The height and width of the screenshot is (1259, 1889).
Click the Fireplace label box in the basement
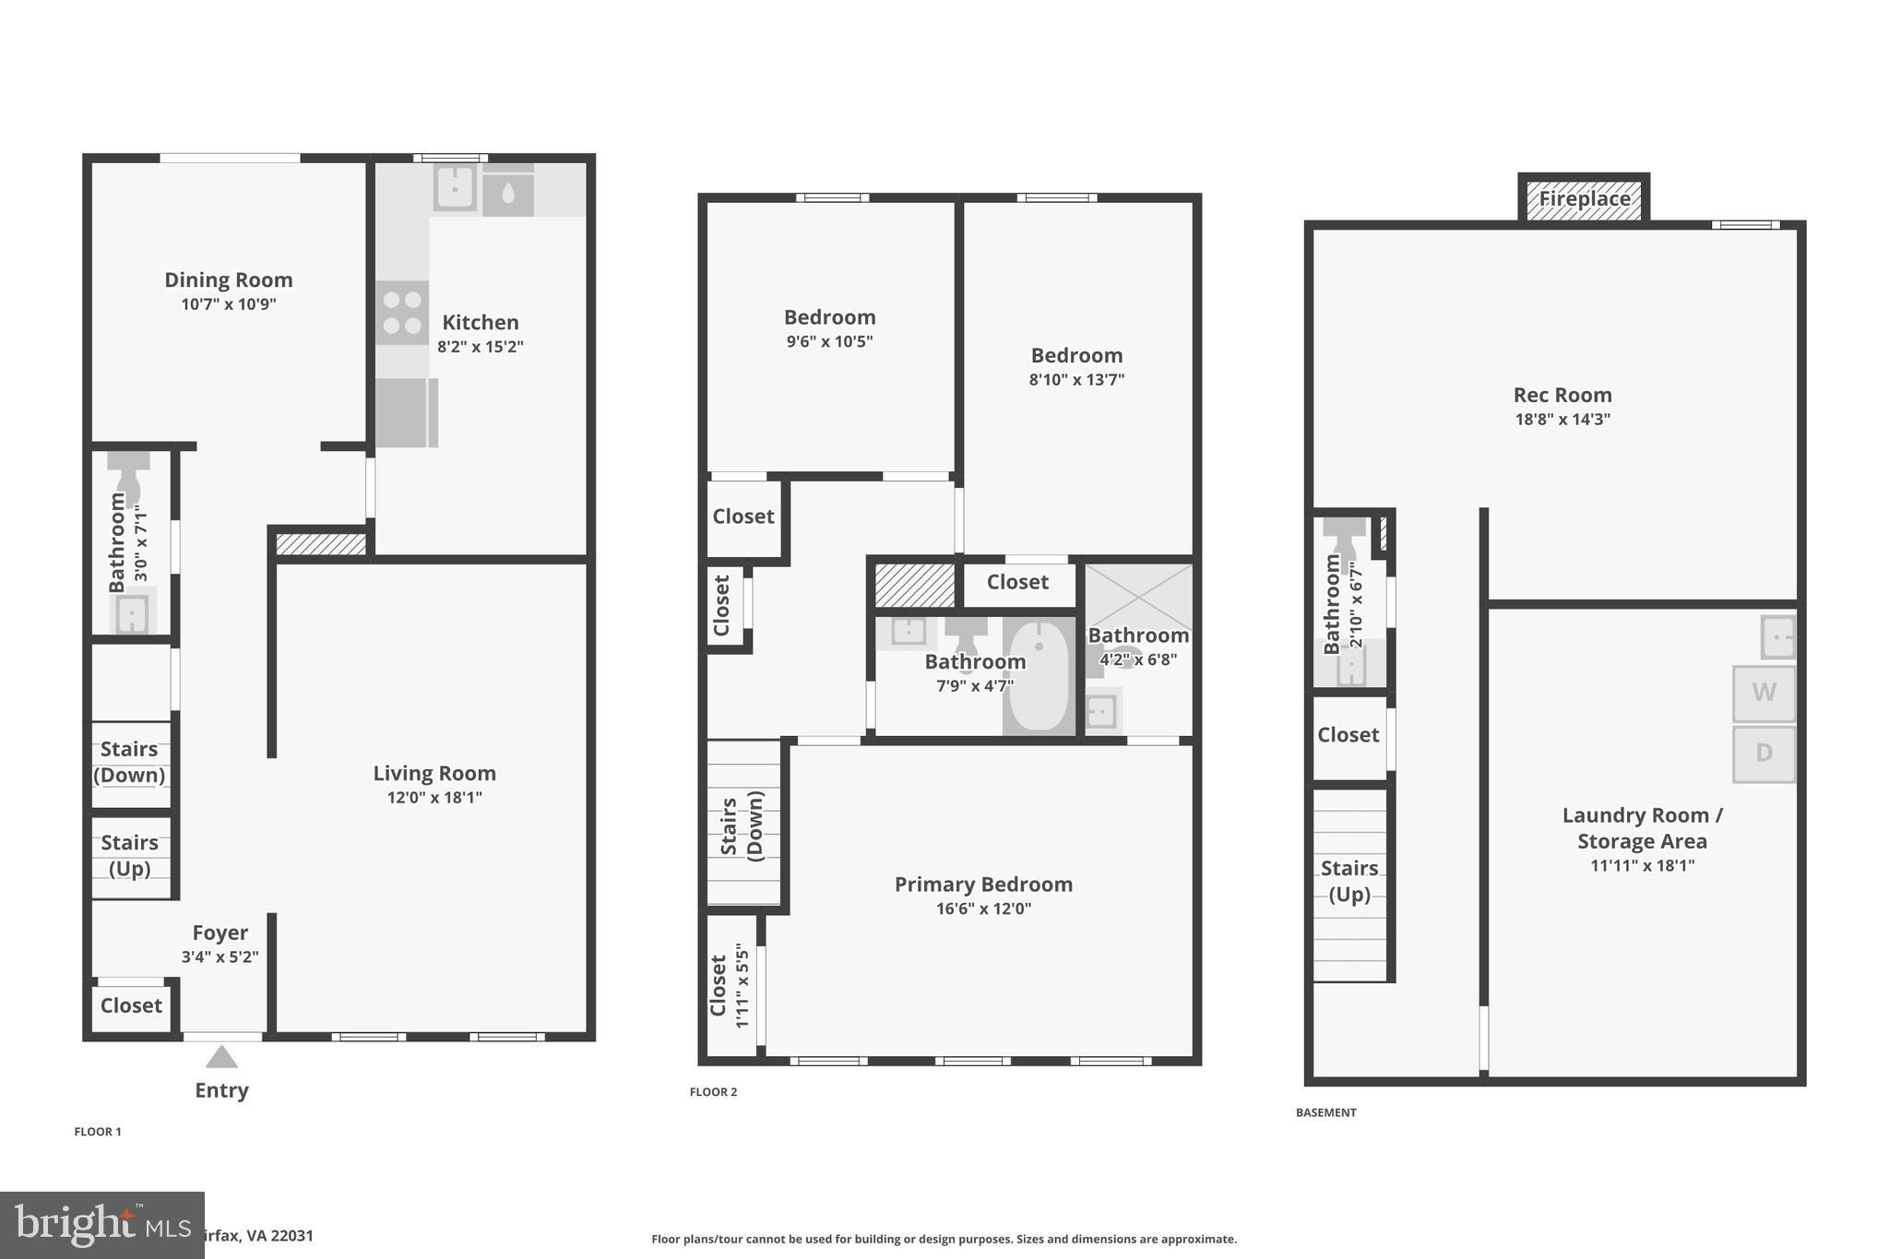click(1584, 199)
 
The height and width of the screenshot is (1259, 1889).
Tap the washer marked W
click(1763, 693)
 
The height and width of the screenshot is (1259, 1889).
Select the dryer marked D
click(1763, 754)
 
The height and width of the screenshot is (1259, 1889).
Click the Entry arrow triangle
click(221, 1057)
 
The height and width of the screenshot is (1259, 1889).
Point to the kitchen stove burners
click(402, 313)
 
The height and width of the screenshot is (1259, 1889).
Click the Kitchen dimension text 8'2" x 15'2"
click(480, 347)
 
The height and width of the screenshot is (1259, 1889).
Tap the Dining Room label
click(228, 279)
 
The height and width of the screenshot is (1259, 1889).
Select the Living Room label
click(434, 773)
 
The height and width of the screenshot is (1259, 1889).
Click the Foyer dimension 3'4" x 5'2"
click(220, 957)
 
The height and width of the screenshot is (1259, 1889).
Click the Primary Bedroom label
click(983, 884)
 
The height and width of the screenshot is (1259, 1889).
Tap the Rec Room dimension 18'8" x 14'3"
click(1562, 419)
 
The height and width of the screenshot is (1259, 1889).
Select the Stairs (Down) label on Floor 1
click(129, 762)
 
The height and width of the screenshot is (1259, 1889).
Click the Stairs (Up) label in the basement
click(1348, 881)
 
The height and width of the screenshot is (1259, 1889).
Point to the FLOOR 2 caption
click(713, 1092)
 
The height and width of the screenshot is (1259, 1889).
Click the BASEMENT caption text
click(1325, 1112)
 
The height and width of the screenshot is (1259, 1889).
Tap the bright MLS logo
click(101, 1225)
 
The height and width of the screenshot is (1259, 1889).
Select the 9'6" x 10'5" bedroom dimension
click(829, 341)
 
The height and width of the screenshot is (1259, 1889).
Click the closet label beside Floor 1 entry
click(131, 1005)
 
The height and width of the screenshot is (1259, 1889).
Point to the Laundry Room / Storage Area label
click(1642, 828)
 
